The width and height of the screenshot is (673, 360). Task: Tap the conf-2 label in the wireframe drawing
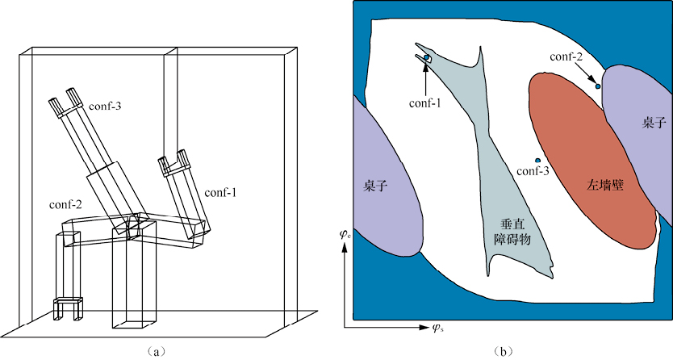(x=65, y=203)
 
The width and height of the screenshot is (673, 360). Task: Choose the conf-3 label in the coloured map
(x=532, y=171)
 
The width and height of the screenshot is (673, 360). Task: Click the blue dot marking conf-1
(x=425, y=57)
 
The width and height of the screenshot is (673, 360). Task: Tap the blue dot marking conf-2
(x=598, y=86)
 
